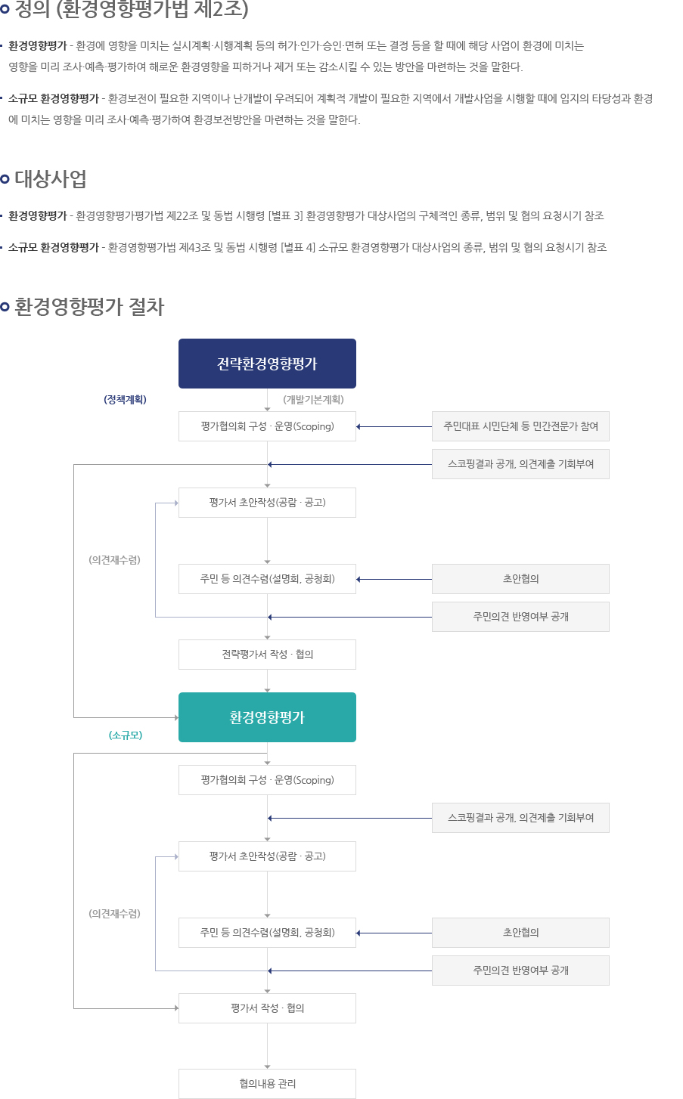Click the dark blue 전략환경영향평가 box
point(267,364)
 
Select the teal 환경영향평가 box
point(267,717)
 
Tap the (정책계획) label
point(126,399)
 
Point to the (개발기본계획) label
point(313,399)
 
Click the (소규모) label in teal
point(126,735)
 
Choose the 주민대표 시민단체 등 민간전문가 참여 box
point(520,426)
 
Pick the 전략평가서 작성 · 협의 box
point(267,655)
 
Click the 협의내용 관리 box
point(267,1084)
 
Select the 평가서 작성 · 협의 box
point(267,1008)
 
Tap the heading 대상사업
point(51,178)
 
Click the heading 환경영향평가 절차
point(89,307)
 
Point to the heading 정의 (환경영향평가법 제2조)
point(132,9)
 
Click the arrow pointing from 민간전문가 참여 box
point(394,427)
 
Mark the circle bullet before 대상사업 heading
point(5,179)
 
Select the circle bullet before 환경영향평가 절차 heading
point(5,307)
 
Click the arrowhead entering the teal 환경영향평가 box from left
point(176,717)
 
